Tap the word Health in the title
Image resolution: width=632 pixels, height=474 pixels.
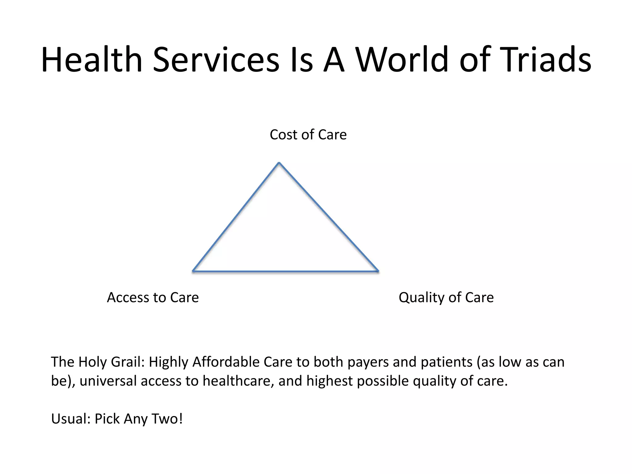91,59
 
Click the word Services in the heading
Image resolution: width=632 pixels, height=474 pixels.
216,59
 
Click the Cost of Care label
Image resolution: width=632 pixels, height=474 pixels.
308,135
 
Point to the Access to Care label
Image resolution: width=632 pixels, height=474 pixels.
153,297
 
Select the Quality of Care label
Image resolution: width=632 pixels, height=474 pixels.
446,297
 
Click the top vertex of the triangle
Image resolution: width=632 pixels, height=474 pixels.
279,163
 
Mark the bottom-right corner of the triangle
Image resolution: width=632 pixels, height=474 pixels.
378,271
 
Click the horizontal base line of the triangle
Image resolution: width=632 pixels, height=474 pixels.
285,272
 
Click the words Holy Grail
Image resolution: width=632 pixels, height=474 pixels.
111,362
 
